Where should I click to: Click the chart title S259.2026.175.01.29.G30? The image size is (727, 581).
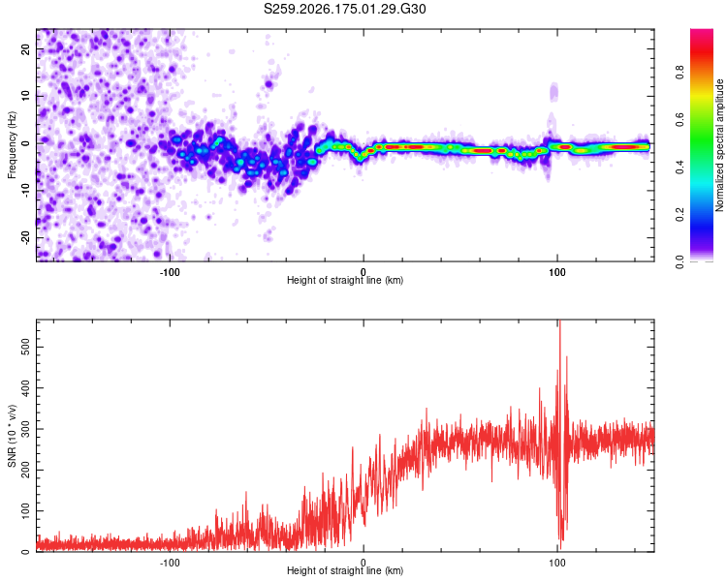click(x=344, y=9)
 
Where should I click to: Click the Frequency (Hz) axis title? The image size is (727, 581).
click(x=12, y=144)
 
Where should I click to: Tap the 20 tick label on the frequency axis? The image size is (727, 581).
click(x=26, y=48)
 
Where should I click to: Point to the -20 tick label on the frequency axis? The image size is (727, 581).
click(x=26, y=238)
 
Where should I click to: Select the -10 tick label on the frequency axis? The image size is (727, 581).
click(x=26, y=191)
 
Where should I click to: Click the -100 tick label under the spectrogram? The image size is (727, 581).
click(x=170, y=272)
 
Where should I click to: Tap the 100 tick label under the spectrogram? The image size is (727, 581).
click(x=556, y=272)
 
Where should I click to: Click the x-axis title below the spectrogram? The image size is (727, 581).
click(x=345, y=280)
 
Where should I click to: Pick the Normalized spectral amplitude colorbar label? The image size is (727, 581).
click(x=719, y=145)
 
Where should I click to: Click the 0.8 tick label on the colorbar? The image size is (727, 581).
click(x=680, y=73)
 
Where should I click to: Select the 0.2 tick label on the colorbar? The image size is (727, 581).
click(x=680, y=215)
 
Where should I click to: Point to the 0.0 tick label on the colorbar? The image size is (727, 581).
click(x=680, y=262)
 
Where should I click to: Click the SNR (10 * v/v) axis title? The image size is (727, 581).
click(x=12, y=436)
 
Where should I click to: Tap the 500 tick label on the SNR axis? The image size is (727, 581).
click(x=26, y=347)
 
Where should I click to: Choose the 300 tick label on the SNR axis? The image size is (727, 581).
click(x=26, y=429)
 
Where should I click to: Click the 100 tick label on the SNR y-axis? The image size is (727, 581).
click(x=26, y=511)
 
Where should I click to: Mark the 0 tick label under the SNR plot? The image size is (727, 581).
click(x=363, y=563)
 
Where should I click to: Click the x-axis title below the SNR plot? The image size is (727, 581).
click(x=345, y=570)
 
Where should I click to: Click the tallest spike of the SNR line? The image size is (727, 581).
click(x=560, y=321)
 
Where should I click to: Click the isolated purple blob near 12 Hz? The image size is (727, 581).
click(x=269, y=84)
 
